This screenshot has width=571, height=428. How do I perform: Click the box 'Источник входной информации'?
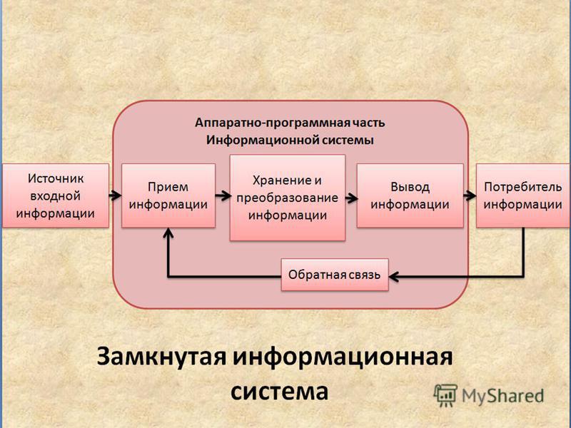point(56,195)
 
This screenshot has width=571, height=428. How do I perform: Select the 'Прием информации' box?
point(168,195)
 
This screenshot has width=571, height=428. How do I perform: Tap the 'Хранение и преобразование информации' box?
point(288,198)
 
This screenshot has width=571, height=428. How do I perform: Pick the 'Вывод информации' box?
point(410,195)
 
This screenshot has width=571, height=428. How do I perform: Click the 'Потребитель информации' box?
point(523,195)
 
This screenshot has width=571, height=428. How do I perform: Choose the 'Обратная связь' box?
point(335,275)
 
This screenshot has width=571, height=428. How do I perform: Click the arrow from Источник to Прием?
point(115,195)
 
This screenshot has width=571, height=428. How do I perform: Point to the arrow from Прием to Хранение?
point(223,195)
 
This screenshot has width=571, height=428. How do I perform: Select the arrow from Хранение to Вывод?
point(351,198)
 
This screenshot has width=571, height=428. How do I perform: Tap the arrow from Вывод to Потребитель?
point(470,195)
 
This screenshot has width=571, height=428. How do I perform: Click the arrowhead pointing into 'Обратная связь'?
point(394,277)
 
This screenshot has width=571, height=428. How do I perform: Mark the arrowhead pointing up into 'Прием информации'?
point(168,233)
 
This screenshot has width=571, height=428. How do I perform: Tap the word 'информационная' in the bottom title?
point(343,357)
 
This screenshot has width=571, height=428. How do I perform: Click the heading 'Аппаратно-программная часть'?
point(290,123)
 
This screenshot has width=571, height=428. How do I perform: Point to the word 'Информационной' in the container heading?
point(251,140)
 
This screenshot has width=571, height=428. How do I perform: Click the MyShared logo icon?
point(445,395)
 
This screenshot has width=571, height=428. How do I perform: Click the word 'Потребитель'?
point(523,187)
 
